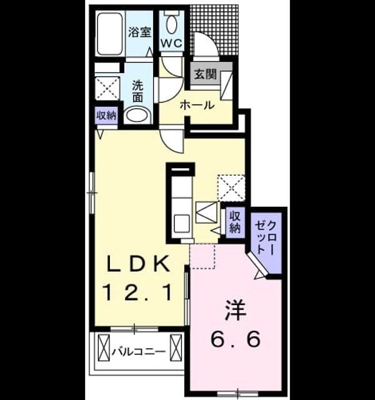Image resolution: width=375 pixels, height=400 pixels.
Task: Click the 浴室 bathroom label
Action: pyautogui.click(x=139, y=32)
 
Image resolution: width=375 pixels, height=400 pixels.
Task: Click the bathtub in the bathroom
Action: pyautogui.click(x=110, y=34)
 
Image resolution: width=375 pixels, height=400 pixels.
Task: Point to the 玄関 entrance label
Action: pyautogui.click(x=206, y=74)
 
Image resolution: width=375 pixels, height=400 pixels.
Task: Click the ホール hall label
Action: pyautogui.click(x=197, y=105)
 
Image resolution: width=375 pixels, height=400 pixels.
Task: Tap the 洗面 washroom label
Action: pyautogui.click(x=137, y=92)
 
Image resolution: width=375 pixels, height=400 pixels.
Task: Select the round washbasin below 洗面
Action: pyautogui.click(x=137, y=116)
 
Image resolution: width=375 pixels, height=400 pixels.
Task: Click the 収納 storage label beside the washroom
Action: pyautogui.click(x=106, y=116)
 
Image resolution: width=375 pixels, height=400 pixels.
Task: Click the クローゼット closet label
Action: pyautogui.click(x=266, y=237)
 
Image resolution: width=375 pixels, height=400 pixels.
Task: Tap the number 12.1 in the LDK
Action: pyautogui.click(x=137, y=293)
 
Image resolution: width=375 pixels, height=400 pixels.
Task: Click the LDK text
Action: pyautogui.click(x=137, y=264)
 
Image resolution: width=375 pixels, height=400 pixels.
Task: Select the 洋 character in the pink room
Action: pyautogui.click(x=235, y=311)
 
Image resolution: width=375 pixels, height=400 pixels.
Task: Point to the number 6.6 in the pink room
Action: pyautogui.click(x=236, y=339)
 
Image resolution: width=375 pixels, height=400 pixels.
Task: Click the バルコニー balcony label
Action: pyautogui.click(x=139, y=352)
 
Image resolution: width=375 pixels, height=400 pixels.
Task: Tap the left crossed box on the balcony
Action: pyautogui.click(x=104, y=347)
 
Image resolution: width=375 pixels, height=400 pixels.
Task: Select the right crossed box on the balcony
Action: pyautogui.click(x=176, y=347)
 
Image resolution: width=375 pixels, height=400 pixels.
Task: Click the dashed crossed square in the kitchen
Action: pyautogui.click(x=231, y=187)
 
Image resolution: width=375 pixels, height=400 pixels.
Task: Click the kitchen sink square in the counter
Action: pyautogui.click(x=182, y=224)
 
